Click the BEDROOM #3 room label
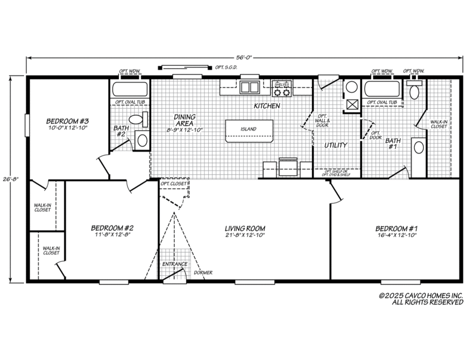pyautogui.click(x=68, y=121)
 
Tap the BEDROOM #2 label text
pyautogui.click(x=112, y=228)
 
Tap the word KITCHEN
pyautogui.click(x=267, y=105)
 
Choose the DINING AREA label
pyautogui.click(x=184, y=120)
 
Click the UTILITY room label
pyautogui.click(x=336, y=145)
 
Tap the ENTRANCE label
pyautogui.click(x=175, y=265)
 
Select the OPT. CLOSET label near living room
pyautogui.click(x=174, y=184)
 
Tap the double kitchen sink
pyautogui.click(x=250, y=87)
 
